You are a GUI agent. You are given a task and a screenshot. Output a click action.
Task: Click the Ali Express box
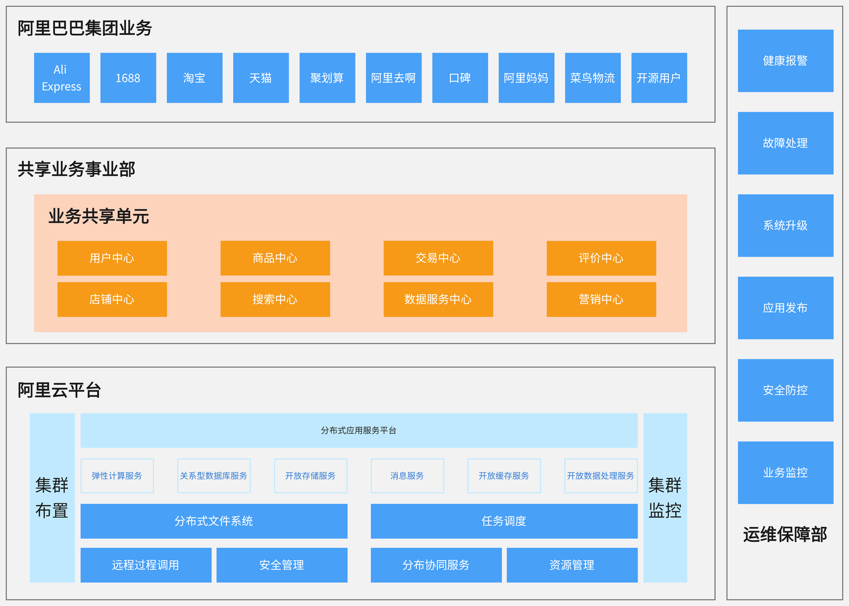click(x=62, y=78)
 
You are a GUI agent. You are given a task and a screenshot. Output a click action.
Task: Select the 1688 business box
click(x=128, y=78)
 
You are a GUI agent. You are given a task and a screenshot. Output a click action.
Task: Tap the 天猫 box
click(x=261, y=78)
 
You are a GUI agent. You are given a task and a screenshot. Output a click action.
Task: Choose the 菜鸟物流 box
click(x=593, y=78)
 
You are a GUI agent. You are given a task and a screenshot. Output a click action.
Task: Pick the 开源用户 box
click(x=659, y=78)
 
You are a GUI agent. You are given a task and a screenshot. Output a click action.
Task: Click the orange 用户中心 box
click(x=112, y=258)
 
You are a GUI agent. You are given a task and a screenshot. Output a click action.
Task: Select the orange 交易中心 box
click(x=438, y=258)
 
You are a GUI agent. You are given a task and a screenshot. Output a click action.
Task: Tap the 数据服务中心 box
click(x=438, y=299)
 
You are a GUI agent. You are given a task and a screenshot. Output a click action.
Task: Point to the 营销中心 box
click(x=601, y=299)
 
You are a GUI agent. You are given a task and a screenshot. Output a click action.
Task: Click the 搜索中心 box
click(x=275, y=299)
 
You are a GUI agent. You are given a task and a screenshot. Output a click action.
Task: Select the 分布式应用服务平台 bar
click(x=358, y=430)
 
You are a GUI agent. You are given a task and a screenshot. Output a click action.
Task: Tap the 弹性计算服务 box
click(x=117, y=476)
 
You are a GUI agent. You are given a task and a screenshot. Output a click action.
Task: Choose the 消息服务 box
click(x=407, y=476)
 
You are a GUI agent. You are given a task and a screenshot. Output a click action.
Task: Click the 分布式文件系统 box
click(x=213, y=521)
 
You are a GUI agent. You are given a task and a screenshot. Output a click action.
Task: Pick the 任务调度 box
click(x=504, y=521)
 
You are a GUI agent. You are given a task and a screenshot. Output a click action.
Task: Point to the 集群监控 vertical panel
click(x=664, y=498)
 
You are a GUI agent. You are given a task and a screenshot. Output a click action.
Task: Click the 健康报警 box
click(x=785, y=61)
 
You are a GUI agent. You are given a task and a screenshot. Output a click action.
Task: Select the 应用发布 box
click(x=785, y=308)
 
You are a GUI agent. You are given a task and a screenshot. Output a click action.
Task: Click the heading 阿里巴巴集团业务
click(x=85, y=28)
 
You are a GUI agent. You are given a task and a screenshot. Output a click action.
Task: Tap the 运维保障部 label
click(x=785, y=535)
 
